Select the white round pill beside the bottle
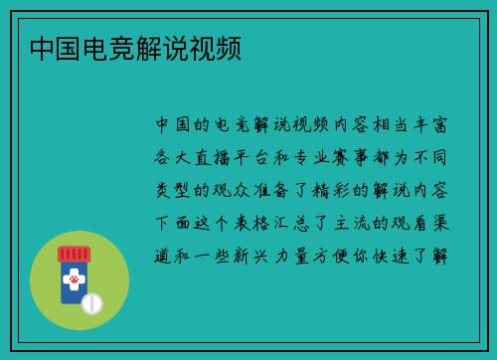pyautogui.click(x=91, y=303)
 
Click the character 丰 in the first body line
pyautogui.click(x=414, y=124)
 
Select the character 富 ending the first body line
pyautogui.click(x=439, y=124)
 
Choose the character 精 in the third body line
pyautogui.click(x=338, y=188)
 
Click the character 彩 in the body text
pyautogui.click(x=364, y=188)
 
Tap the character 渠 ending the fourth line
pyautogui.click(x=439, y=220)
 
